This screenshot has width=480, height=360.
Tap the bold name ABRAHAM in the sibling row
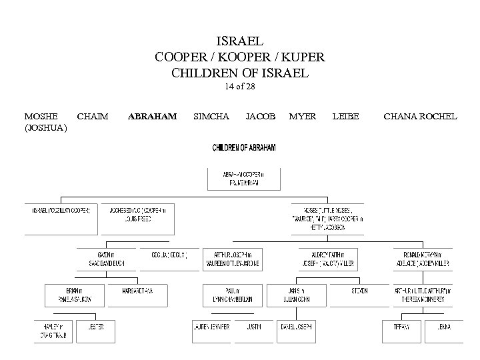pyautogui.click(x=152, y=116)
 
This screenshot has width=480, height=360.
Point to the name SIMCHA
pyautogui.click(x=211, y=116)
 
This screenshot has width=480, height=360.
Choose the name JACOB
pyautogui.click(x=260, y=116)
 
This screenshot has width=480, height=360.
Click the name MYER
pyautogui.click(x=303, y=116)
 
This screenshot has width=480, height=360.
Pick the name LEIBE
pyautogui.click(x=345, y=116)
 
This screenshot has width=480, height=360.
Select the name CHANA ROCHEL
pyautogui.click(x=420, y=116)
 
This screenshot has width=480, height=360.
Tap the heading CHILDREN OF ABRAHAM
pyautogui.click(x=243, y=147)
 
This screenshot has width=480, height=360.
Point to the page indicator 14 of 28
pyautogui.click(x=240, y=86)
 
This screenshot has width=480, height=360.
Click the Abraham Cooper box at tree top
pyautogui.click(x=243, y=177)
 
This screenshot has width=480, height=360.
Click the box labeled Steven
pyautogui.click(x=359, y=291)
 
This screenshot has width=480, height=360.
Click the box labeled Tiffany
pyautogui.click(x=400, y=327)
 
